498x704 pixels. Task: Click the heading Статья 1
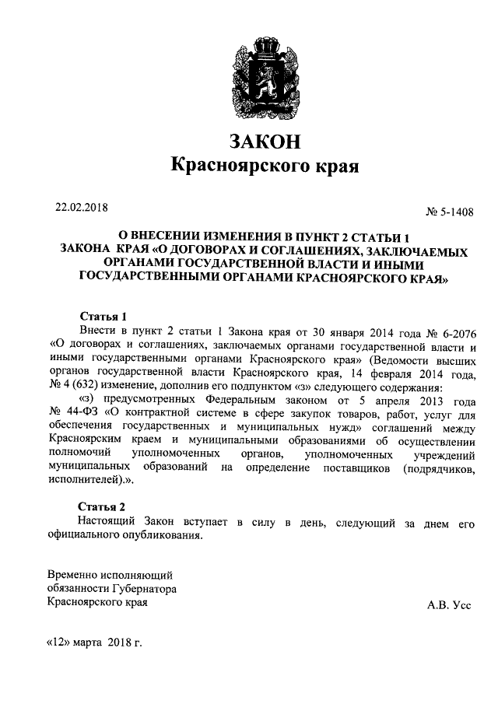click(x=104, y=317)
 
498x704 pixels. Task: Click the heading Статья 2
click(x=104, y=507)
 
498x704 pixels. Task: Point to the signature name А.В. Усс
click(x=449, y=604)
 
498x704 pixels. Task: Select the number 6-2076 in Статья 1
click(x=452, y=331)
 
